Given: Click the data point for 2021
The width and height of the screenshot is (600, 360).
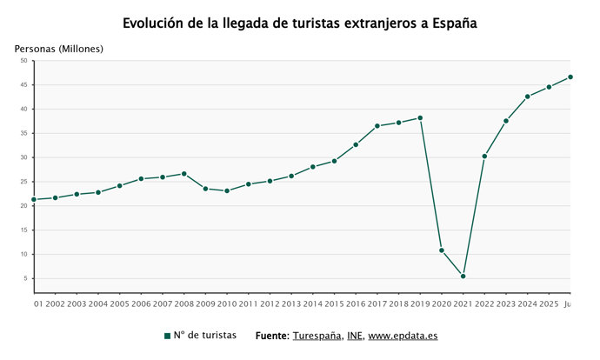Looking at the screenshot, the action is point(463,277).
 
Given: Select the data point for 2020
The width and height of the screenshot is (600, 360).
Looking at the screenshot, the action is point(442,250).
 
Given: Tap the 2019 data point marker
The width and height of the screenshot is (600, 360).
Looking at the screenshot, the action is point(420,118).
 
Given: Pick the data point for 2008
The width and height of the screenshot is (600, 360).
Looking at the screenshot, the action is point(184,174).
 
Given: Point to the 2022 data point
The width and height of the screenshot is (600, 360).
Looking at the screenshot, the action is point(484,157).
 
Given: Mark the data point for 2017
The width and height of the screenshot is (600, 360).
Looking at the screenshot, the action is point(377,126).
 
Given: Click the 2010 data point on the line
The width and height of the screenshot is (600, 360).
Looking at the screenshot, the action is point(227,190).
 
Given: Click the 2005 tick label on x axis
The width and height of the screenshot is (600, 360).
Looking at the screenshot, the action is point(119,304).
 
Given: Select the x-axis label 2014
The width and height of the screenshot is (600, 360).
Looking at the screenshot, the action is point(313,304).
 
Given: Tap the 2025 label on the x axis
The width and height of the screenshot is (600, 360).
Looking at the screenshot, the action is point(549,304).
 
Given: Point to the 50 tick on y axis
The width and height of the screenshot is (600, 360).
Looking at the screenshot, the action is point(24,61).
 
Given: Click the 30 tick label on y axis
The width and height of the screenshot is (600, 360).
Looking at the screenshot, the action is point(24,157).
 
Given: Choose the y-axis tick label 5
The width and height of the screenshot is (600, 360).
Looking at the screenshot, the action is point(25,278).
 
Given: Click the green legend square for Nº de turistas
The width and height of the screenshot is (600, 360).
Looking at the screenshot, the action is point(167,336).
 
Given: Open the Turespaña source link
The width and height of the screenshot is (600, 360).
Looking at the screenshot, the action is point(317,336).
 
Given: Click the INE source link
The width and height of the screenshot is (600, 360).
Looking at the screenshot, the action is point(354,336).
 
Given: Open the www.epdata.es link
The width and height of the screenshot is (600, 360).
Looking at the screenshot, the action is point(403,336).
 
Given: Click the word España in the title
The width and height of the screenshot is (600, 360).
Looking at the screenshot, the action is point(455,23).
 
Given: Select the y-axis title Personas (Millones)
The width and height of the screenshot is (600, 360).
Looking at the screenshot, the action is point(59,49).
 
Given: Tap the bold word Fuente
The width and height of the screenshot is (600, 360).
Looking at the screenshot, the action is point(272,336).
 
